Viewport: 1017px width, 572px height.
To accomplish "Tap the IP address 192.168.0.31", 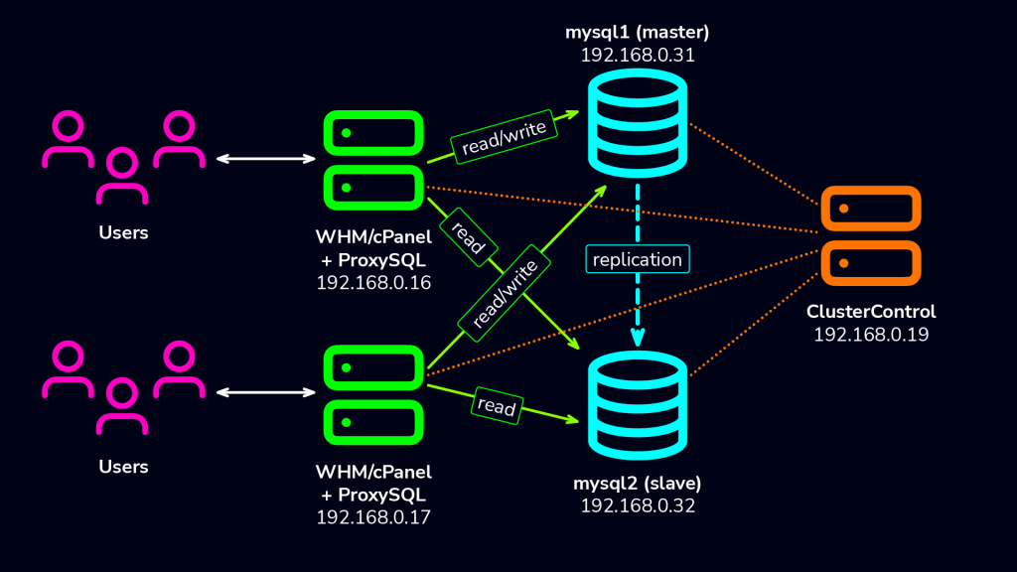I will [638, 56].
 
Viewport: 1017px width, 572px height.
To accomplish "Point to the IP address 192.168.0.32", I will [638, 505].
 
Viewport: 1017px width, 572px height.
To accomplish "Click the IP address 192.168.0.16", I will [373, 282].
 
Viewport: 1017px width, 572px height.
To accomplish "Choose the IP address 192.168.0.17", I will [373, 516].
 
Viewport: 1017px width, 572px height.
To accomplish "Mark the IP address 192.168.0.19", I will [871, 335].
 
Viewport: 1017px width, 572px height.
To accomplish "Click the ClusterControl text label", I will [871, 312].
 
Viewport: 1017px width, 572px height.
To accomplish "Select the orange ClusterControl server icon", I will [871, 236].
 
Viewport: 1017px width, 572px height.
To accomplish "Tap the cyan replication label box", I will [638, 259].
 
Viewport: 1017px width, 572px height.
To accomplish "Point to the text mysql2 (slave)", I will [638, 484].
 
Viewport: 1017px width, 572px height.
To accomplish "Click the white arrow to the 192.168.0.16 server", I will [265, 158].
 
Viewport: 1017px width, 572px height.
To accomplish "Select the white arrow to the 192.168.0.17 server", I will [265, 393].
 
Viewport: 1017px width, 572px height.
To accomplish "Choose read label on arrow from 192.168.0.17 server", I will [497, 406].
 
